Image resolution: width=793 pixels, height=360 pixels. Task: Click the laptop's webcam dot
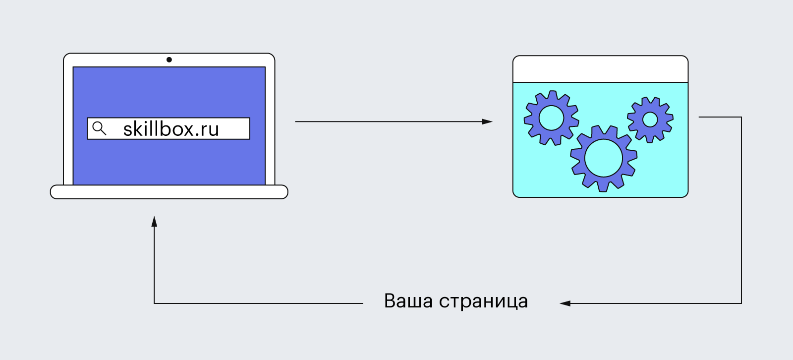[169, 60]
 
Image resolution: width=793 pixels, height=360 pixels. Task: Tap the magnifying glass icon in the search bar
[99, 128]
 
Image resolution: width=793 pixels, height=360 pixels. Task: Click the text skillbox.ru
[171, 129]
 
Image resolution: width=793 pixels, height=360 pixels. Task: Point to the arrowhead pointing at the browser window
[487, 121]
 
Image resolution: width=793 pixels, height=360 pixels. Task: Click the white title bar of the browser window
[600, 69]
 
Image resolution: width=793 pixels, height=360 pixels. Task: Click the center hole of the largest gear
[603, 158]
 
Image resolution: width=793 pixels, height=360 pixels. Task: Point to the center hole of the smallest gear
[650, 120]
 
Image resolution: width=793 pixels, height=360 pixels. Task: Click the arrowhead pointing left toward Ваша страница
[565, 303]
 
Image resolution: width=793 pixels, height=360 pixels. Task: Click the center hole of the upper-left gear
[551, 118]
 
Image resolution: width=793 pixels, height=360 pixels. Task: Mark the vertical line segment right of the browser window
[741, 208]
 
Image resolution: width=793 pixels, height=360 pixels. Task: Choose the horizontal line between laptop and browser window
[387, 121]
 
